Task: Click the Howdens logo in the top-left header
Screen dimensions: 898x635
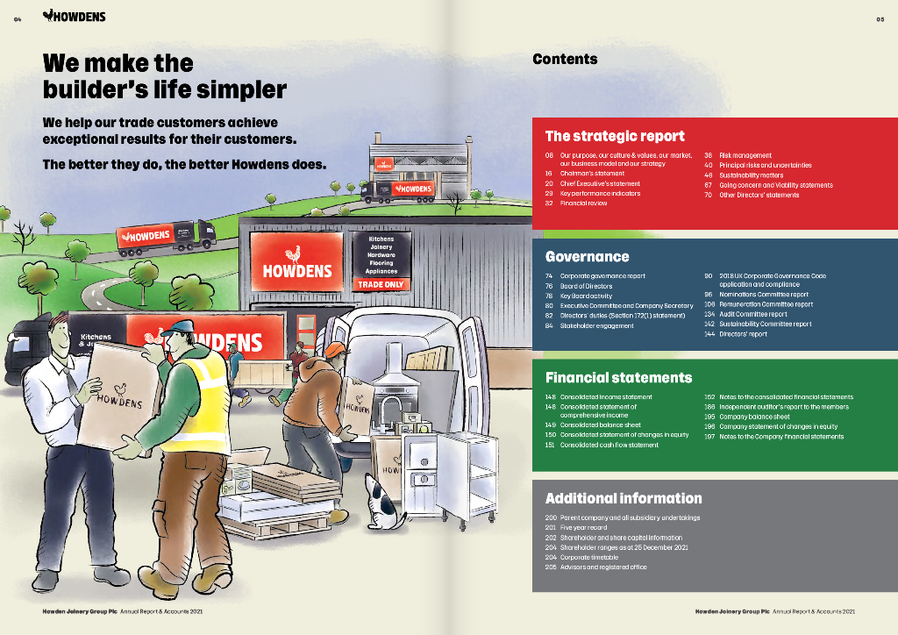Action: [x=74, y=17]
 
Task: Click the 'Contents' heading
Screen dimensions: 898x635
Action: [x=565, y=59]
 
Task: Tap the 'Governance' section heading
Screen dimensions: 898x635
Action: [x=587, y=257]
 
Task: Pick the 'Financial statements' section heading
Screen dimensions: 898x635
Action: [x=618, y=378]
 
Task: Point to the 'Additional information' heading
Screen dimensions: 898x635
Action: [x=623, y=498]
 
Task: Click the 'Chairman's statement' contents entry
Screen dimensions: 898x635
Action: [x=593, y=175]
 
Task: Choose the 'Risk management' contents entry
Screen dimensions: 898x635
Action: [x=745, y=155]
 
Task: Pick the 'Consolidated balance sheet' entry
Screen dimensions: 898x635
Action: [x=600, y=425]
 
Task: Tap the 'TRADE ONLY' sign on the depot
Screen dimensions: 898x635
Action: [x=381, y=285]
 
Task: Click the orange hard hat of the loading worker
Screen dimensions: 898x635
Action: [x=335, y=349]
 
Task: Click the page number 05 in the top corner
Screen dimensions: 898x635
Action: [x=880, y=18]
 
